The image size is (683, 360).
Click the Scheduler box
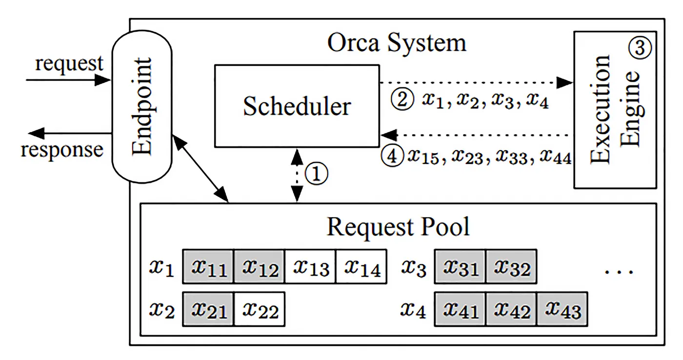(297, 106)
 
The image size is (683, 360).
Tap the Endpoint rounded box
(142, 107)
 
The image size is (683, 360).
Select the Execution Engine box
(615, 110)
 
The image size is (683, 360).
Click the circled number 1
(317, 174)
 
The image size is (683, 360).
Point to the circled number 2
(402, 99)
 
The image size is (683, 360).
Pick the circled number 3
(640, 47)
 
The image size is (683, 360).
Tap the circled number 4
(392, 156)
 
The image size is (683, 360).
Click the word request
(69, 64)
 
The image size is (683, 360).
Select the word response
(62, 150)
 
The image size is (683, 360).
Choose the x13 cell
(310, 267)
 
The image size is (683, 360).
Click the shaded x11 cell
(208, 267)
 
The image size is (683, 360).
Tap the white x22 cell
(260, 309)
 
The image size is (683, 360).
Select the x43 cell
(562, 309)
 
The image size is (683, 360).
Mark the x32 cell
(511, 267)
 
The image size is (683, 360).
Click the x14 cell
(362, 267)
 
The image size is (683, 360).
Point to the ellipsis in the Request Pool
(619, 271)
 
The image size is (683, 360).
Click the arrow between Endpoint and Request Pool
(201, 168)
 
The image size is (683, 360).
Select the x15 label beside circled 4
(423, 156)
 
